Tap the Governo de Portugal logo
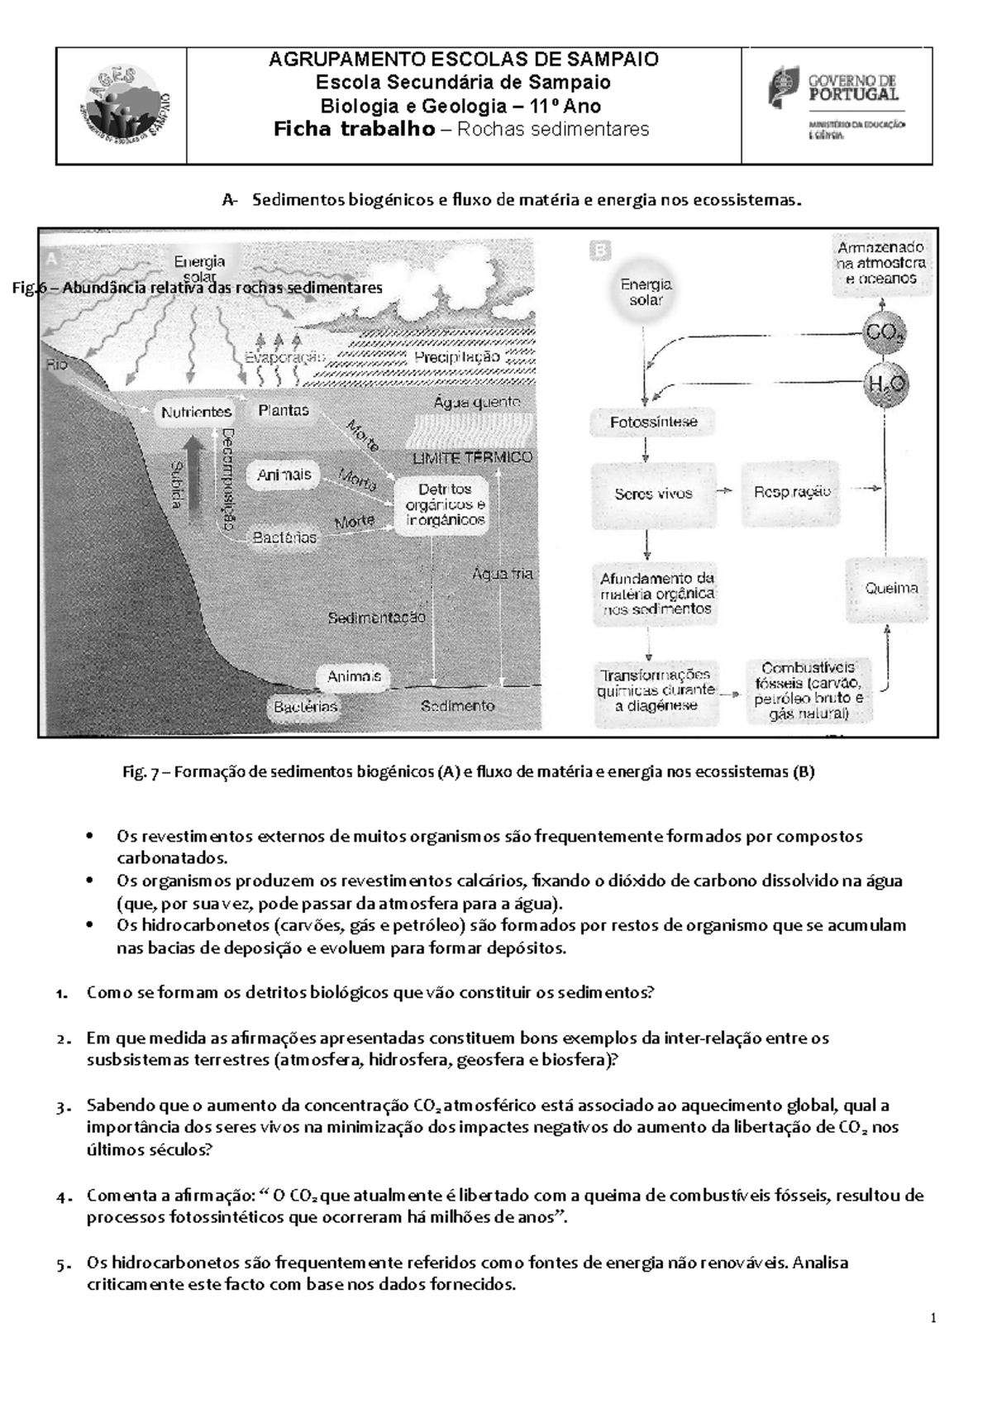[x=837, y=105]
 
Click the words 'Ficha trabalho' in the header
[x=354, y=129]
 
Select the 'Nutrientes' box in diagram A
[x=196, y=412]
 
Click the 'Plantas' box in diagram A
[x=284, y=410]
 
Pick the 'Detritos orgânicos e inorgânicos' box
[x=445, y=504]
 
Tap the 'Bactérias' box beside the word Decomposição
[x=284, y=537]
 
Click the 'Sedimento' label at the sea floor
[x=457, y=705]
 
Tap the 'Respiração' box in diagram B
[x=791, y=491]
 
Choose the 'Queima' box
[x=891, y=589]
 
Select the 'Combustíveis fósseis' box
[x=808, y=690]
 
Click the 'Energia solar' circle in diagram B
[x=646, y=292]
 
